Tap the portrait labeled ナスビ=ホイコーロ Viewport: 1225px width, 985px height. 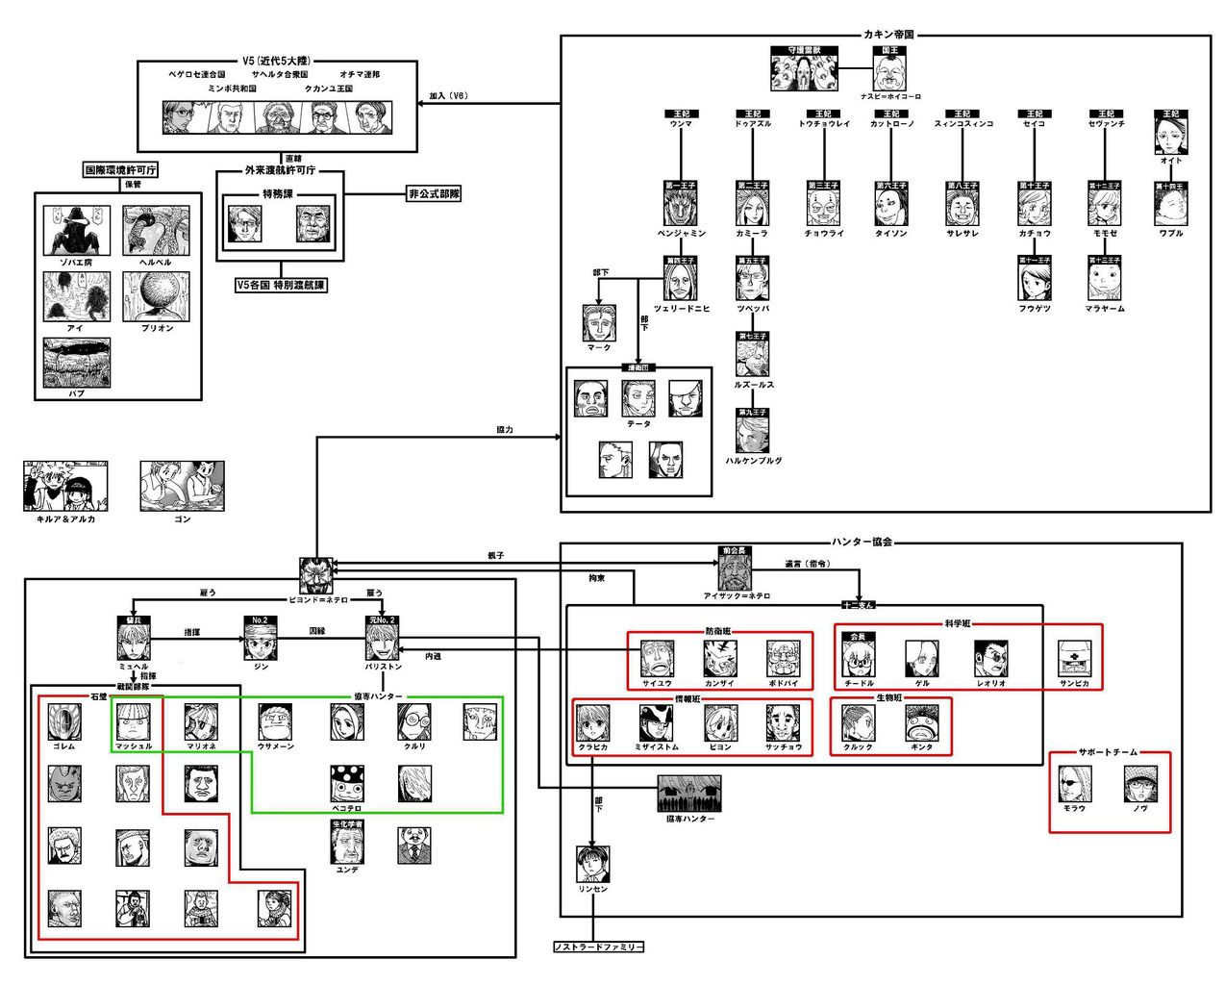(x=889, y=72)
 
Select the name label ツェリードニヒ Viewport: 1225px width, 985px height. (x=682, y=308)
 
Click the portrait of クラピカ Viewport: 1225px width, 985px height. (x=592, y=723)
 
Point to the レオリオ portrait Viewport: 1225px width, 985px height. (x=989, y=660)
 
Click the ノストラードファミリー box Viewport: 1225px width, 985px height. (x=598, y=947)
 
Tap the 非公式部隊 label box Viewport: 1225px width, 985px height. (x=434, y=193)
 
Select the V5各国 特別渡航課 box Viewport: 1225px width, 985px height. (x=281, y=286)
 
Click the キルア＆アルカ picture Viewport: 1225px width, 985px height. (x=65, y=486)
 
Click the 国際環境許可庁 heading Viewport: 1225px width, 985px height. (x=120, y=170)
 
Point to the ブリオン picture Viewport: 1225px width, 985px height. (x=156, y=296)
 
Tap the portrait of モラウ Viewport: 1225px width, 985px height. (x=1074, y=784)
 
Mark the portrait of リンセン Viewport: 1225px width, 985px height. (x=592, y=865)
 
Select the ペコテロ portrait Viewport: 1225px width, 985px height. (x=346, y=784)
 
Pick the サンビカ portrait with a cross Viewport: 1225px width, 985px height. (x=1074, y=660)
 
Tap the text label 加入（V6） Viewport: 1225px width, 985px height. (x=448, y=96)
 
